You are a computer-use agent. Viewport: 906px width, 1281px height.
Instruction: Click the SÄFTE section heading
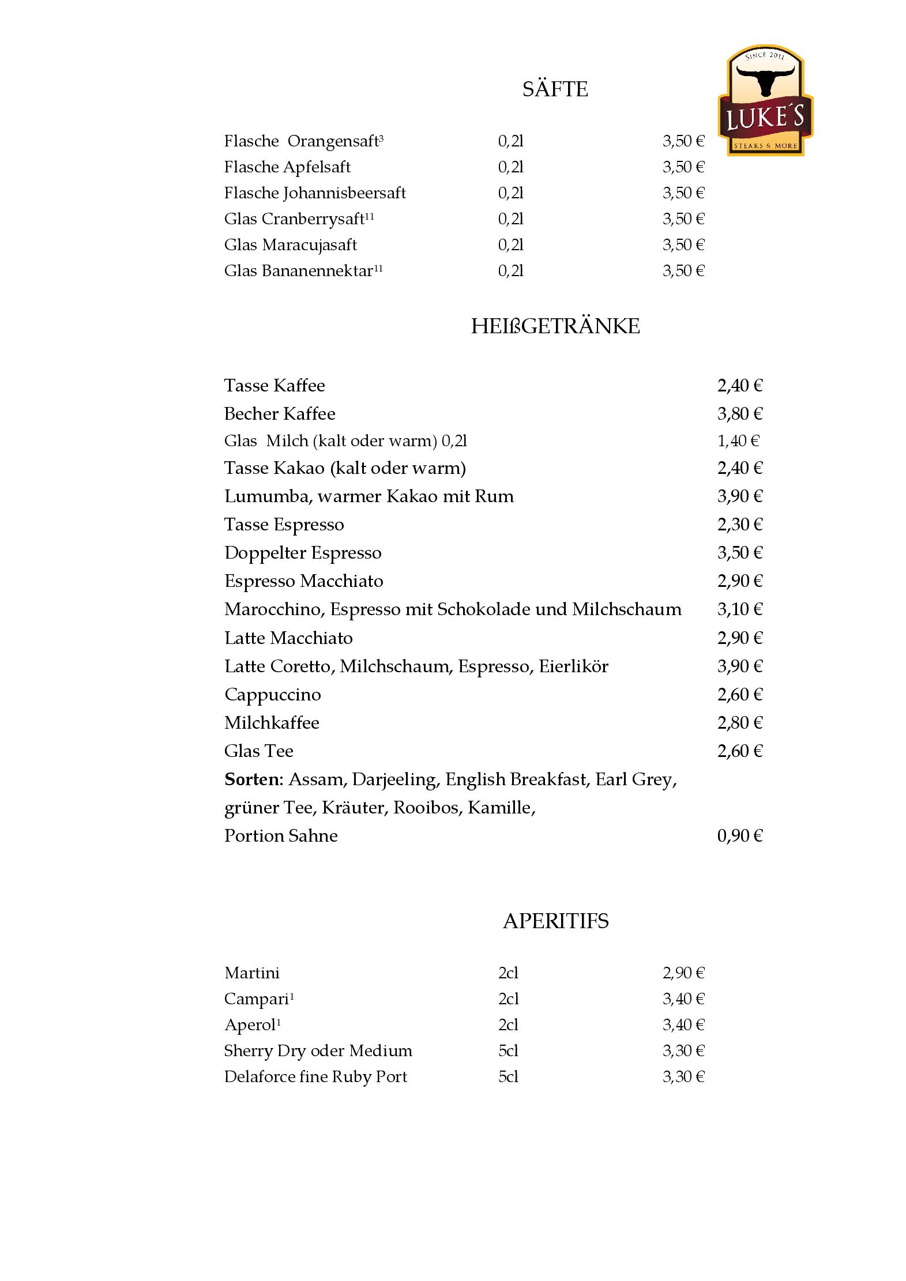[555, 89]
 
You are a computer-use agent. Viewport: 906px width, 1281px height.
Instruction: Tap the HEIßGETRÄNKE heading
[555, 326]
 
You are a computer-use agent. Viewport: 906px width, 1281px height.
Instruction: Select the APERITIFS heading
[555, 921]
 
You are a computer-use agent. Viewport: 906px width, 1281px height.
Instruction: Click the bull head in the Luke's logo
[766, 81]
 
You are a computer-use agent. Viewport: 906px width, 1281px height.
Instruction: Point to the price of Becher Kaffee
[739, 414]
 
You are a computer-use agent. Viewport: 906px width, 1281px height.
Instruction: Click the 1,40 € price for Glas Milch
[738, 441]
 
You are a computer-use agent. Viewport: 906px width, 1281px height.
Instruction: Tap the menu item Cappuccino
[272, 695]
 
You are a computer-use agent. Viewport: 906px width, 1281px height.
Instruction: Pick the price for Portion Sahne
[739, 836]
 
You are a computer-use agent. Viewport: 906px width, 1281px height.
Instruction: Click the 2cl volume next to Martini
[508, 973]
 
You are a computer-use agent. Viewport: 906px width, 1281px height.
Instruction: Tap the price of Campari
[683, 999]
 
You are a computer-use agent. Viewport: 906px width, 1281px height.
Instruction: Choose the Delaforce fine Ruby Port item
[315, 1077]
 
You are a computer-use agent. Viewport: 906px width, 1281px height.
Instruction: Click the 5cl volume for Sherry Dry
[508, 1051]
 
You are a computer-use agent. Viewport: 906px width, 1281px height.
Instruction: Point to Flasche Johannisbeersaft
[315, 193]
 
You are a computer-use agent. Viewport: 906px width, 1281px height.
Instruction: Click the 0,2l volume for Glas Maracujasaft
[510, 245]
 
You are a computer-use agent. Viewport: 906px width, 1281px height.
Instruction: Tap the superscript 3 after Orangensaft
[381, 137]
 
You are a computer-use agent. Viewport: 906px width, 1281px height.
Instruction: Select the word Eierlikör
[573, 666]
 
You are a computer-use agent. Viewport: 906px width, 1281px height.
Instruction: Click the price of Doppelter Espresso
[739, 553]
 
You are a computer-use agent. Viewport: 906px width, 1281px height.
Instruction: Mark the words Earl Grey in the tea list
[634, 779]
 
